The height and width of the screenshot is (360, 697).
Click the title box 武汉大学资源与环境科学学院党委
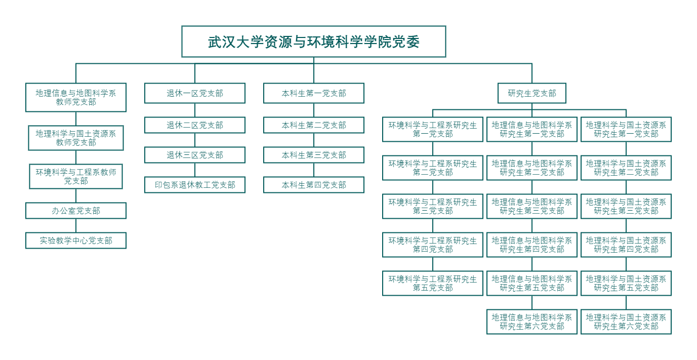314,42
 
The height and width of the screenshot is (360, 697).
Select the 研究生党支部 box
532,93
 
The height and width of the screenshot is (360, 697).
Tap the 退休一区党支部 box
195,93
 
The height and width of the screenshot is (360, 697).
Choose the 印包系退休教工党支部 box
195,185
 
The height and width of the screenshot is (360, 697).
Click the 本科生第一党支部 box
314,93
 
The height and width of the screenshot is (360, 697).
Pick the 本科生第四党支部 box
314,185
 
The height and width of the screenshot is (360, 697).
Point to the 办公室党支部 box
76,211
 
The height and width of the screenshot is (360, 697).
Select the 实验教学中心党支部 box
76,241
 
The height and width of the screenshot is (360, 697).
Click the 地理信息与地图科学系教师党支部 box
76,97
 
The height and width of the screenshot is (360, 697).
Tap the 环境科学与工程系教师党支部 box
76,176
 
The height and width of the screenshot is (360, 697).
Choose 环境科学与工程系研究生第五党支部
432,283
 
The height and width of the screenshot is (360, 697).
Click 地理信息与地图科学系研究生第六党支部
532,322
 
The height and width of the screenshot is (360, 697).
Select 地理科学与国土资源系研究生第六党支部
626,322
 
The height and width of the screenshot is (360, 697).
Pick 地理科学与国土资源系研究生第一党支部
626,130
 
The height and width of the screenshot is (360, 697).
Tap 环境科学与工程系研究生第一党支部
432,130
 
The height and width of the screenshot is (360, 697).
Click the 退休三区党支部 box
195,155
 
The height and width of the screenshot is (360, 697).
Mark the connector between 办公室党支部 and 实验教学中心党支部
76,226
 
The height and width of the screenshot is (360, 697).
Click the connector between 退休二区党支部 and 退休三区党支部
195,140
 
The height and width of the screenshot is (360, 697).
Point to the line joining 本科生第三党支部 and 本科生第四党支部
314,170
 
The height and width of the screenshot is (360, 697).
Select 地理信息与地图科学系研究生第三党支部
532,206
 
